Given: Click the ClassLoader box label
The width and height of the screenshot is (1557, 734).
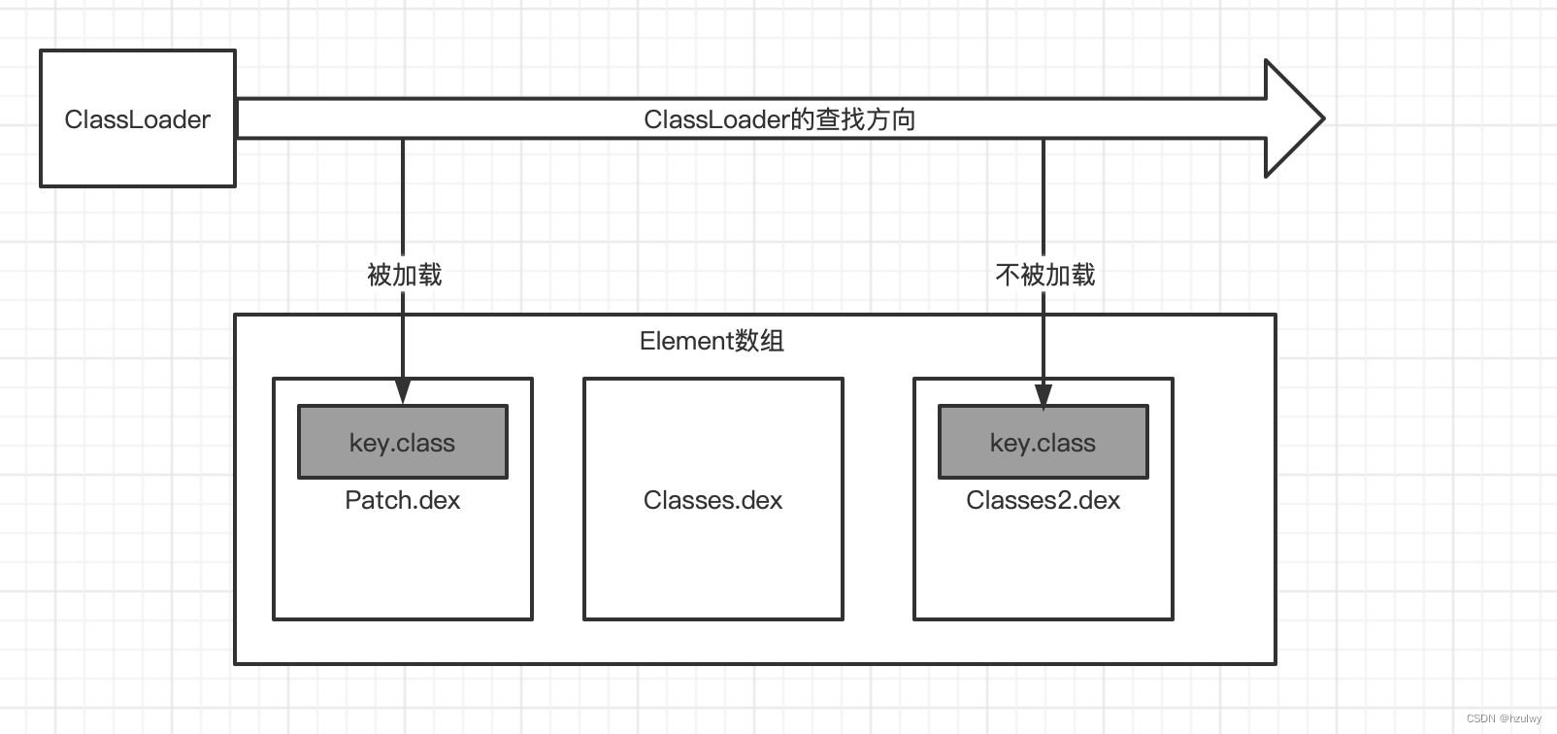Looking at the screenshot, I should coord(137,119).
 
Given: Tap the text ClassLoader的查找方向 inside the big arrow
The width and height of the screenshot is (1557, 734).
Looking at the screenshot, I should coord(779,119).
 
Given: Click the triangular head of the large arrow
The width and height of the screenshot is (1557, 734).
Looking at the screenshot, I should coord(1296,118).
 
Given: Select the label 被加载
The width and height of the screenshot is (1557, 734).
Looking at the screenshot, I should coord(404,275).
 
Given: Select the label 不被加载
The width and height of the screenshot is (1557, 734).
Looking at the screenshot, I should coord(1044,275).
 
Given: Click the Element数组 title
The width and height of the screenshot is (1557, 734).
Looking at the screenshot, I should coord(712,341).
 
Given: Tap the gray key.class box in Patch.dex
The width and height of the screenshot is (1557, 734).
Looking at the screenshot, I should coord(402,443).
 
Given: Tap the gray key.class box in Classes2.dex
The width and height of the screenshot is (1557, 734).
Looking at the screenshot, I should coord(1043,443).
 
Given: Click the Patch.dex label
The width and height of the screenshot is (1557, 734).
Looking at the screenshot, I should coord(402,500).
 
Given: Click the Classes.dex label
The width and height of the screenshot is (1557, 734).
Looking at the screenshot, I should coord(712,500).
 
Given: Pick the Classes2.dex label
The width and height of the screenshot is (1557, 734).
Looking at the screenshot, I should coord(1043,500).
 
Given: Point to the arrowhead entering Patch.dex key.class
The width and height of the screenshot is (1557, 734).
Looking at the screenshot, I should coord(403,393).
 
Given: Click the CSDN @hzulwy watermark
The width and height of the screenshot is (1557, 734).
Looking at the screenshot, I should coord(1504,718).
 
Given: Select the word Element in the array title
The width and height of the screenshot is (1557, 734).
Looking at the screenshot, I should coord(685,341).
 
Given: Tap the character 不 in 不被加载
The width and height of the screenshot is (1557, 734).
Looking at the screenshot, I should coord(1008,275).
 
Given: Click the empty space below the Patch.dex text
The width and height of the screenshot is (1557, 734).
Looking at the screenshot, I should coord(402,568).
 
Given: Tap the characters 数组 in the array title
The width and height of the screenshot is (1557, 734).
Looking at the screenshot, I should coord(759,341).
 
